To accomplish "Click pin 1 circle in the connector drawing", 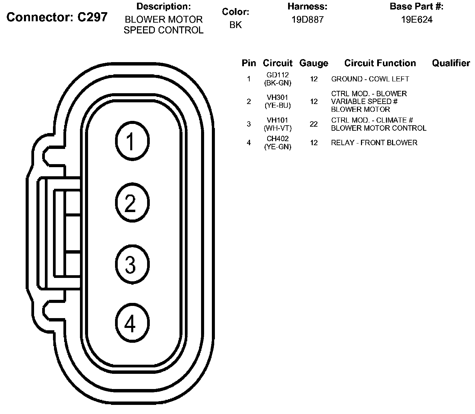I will tap(132, 141).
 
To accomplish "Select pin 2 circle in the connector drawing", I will tap(132, 203).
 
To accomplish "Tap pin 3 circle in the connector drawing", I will tap(132, 264).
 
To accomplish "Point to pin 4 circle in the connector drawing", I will tap(132, 324).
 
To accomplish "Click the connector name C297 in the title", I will tap(92, 17).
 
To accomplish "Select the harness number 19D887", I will tap(307, 20).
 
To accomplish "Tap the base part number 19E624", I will tap(417, 20).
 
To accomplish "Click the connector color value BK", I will tap(235, 25).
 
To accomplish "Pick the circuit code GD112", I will tap(278, 75).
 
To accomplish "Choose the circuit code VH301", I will tap(278, 98).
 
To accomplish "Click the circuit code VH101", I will tap(278, 120).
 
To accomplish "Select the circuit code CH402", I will tap(278, 139).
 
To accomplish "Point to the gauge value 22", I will tap(314, 124).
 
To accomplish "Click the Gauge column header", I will tap(314, 63).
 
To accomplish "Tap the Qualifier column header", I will tap(451, 63).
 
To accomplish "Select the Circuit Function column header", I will tap(380, 63).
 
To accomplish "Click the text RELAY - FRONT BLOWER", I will tap(374, 143).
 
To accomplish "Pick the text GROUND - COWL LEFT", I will tap(370, 79).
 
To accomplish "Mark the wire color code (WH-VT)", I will tap(278, 128).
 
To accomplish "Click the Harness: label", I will tap(307, 6).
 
